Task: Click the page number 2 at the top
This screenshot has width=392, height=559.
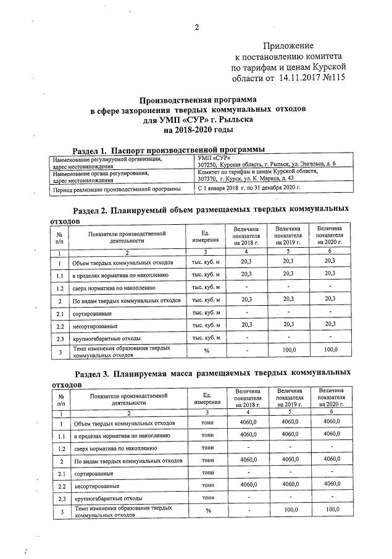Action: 196,27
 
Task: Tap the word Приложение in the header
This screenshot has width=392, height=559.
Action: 288,46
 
